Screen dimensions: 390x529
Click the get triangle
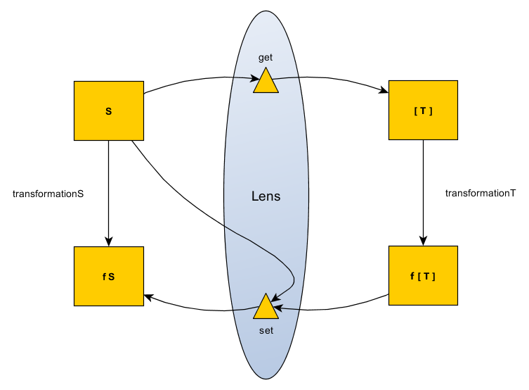(266, 82)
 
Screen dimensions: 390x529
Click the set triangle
(266, 308)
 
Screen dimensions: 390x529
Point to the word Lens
(266, 196)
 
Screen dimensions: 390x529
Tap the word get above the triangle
(266, 58)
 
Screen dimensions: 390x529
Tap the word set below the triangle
(266, 329)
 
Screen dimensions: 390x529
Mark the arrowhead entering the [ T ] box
(384, 92)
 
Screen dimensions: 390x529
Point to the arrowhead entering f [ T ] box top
(423, 241)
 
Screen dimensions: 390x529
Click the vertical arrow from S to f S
(108, 190)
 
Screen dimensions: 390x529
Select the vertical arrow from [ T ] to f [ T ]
(423, 190)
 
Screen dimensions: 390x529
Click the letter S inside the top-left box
(108, 111)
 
